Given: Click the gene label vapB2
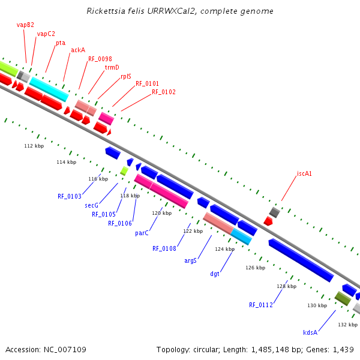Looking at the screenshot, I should click(25, 25).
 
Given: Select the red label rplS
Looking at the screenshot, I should click(125, 76).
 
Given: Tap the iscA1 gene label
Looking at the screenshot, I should click(304, 173).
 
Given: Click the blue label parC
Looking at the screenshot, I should click(142, 233).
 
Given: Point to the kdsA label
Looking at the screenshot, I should click(310, 332).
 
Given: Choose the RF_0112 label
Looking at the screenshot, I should click(261, 305).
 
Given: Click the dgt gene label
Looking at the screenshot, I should click(215, 274).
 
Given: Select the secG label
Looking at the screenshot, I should click(91, 205).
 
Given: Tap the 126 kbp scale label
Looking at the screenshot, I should click(256, 268).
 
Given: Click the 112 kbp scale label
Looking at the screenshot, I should click(34, 146).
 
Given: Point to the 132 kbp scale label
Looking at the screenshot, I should click(347, 325).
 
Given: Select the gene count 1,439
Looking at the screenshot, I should click(344, 349).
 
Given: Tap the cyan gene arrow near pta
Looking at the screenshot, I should click(49, 89).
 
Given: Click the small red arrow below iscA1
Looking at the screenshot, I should click(268, 221).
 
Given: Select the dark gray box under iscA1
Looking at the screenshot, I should click(274, 212).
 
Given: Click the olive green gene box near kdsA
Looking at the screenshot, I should click(343, 298).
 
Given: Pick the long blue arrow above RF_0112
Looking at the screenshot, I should click(301, 260).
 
